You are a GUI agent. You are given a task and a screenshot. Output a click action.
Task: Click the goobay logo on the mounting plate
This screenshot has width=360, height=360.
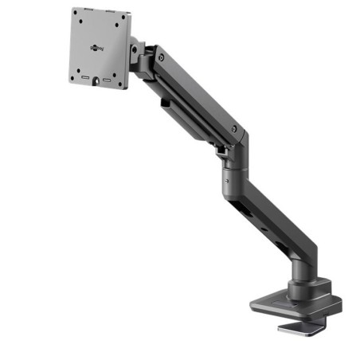coord(99,47)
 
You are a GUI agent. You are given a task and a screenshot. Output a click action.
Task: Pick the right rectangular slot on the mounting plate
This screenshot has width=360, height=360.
coord(105,81)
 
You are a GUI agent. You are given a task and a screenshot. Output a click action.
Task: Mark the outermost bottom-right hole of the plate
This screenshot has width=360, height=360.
coord(119,83)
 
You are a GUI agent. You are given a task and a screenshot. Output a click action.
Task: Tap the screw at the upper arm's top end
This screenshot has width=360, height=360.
coord(162,58)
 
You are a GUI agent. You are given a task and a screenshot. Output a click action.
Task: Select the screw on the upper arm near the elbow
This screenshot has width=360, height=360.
coord(234,128)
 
